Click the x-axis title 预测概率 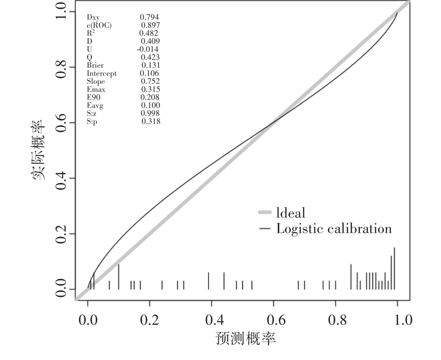point(245,340)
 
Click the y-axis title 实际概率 point(39,149)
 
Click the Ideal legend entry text point(290,213)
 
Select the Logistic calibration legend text point(334,229)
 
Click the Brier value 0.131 point(150,65)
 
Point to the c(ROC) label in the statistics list point(99,25)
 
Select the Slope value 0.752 point(150,82)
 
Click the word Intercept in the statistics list point(102,74)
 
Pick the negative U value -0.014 point(148,49)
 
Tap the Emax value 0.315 point(150,89)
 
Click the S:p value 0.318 point(151,122)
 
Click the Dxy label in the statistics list point(93,18)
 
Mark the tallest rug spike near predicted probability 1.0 point(394,269)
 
